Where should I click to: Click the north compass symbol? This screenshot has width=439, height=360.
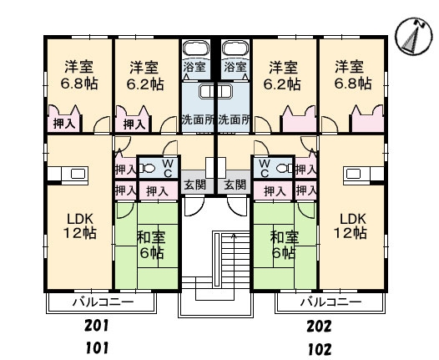(x=414, y=36)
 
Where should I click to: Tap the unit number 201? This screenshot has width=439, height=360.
(x=96, y=326)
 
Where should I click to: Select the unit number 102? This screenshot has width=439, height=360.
(x=320, y=349)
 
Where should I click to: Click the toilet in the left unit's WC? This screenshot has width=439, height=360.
(x=148, y=169)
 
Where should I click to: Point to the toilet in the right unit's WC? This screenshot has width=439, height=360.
(x=284, y=169)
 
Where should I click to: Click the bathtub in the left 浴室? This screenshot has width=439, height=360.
(x=196, y=48)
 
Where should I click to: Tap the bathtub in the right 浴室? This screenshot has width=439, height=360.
(x=235, y=48)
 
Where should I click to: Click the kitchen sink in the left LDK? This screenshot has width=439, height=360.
(x=78, y=174)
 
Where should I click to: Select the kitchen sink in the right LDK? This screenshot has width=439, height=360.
(x=354, y=174)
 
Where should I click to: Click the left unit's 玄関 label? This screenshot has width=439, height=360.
(x=194, y=185)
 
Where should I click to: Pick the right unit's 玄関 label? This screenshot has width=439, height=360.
(x=235, y=185)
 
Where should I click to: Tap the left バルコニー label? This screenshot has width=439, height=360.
(x=103, y=302)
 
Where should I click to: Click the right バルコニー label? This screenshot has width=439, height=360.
(x=331, y=302)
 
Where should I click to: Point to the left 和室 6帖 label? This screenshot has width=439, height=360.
(x=151, y=245)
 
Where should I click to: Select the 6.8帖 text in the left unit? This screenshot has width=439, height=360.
(x=79, y=84)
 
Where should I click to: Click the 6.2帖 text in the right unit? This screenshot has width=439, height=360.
(x=282, y=84)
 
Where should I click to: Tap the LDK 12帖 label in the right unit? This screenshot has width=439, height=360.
(x=351, y=226)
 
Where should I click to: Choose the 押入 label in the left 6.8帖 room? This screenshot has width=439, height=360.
(x=64, y=124)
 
